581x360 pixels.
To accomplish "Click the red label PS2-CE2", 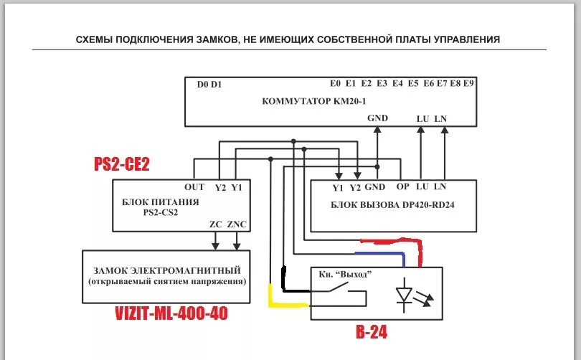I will pyautogui.click(x=122, y=164).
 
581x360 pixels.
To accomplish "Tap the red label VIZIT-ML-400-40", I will pyautogui.click(x=171, y=313).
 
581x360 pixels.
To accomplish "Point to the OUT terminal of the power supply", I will pyautogui.click(x=194, y=188).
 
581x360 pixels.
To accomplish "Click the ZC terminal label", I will pyautogui.click(x=216, y=224).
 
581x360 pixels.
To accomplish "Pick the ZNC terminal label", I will pyautogui.click(x=237, y=224).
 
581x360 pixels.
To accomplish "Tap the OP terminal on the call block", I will pyautogui.click(x=402, y=187).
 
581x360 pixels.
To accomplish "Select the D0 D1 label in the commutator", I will pyautogui.click(x=209, y=84).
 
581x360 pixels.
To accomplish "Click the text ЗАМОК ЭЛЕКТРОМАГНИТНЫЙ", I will pyautogui.click(x=166, y=270).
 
